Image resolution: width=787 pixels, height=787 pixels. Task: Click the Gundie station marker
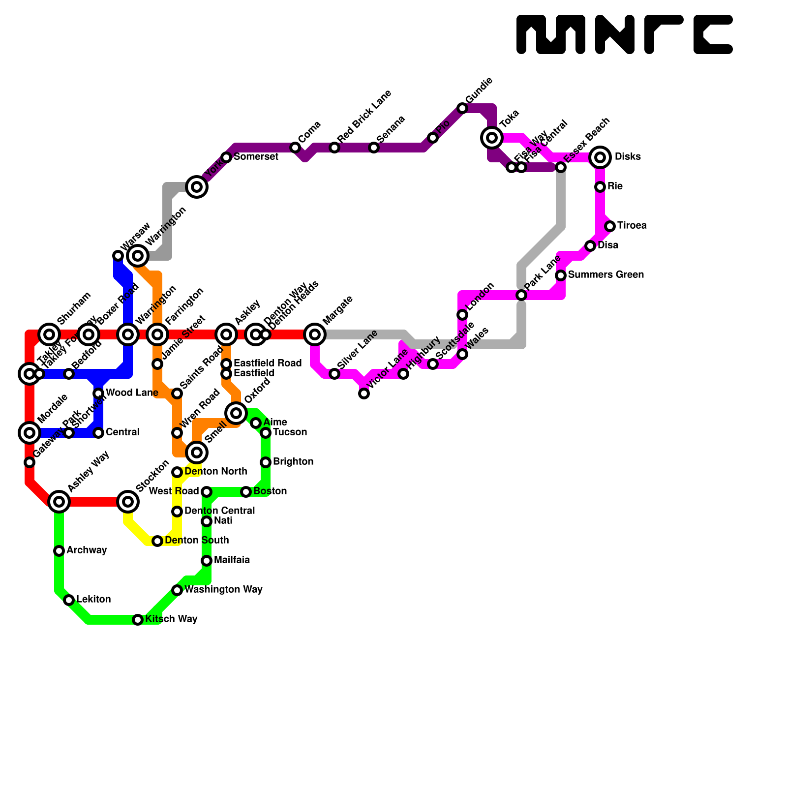(x=462, y=108)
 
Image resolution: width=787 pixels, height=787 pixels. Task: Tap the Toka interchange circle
(x=492, y=138)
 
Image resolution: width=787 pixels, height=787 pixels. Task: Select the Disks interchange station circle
(x=600, y=157)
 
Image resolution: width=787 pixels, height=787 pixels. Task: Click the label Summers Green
(x=605, y=275)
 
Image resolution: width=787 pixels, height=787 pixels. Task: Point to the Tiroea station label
(x=632, y=226)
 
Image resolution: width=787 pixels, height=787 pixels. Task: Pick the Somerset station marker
(x=226, y=157)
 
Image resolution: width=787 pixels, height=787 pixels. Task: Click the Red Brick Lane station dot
(x=334, y=148)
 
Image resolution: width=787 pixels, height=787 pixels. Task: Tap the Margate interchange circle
(x=315, y=334)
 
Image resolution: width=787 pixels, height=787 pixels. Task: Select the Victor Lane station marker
(x=364, y=393)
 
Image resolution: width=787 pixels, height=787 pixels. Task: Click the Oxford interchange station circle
(x=236, y=413)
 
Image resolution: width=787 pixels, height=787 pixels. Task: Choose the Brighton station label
(x=293, y=462)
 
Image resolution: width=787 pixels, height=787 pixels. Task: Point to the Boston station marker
(x=246, y=492)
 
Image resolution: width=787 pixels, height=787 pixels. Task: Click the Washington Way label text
(x=223, y=590)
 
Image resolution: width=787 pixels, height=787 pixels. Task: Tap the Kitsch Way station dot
(x=138, y=620)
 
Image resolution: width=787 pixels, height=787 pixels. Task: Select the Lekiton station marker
(x=69, y=600)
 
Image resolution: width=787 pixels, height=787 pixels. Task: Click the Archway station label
(x=87, y=550)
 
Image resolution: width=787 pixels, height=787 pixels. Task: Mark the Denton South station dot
(x=157, y=541)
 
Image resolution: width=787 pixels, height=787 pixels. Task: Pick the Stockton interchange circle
(x=128, y=502)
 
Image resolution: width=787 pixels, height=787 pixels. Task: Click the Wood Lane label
(x=132, y=393)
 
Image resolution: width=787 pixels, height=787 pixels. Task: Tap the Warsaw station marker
(x=118, y=256)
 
